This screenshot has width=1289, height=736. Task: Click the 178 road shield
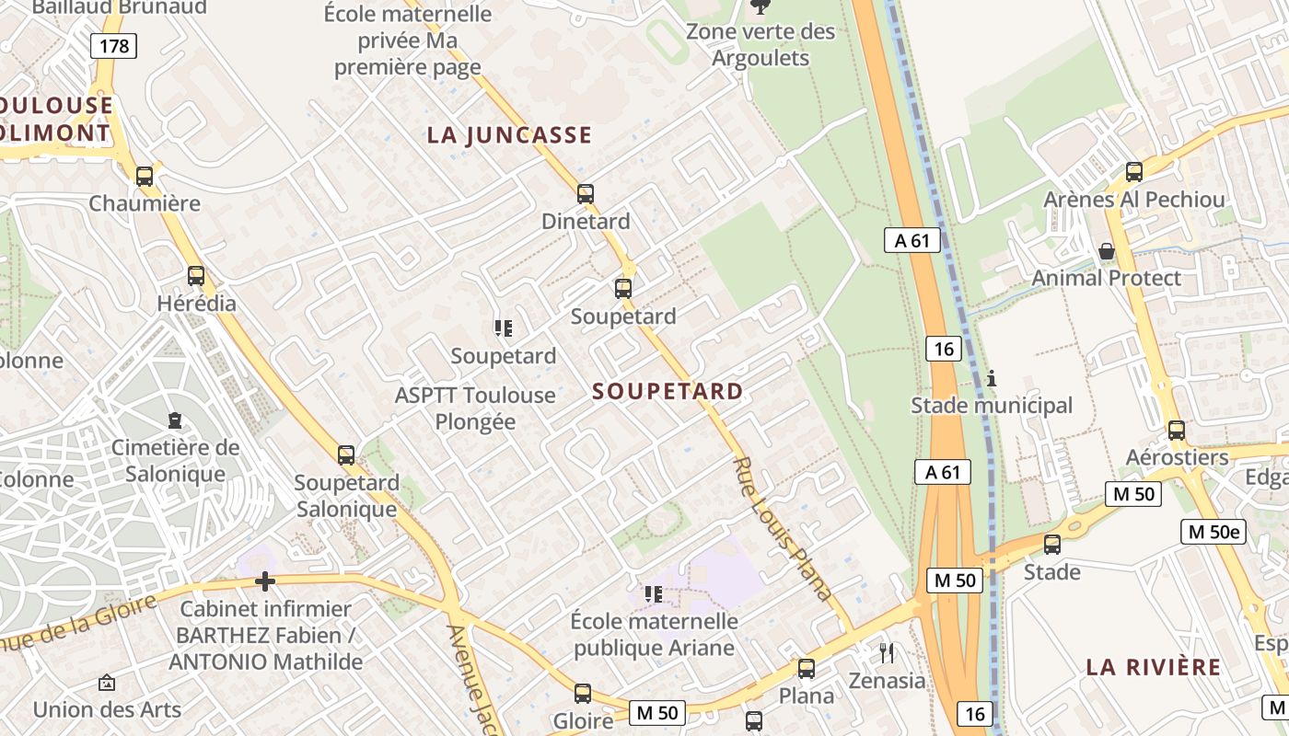113,45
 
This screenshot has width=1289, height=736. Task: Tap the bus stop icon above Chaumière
145,176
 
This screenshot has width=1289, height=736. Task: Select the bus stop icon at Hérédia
195,275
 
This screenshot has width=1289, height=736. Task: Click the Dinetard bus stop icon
586,193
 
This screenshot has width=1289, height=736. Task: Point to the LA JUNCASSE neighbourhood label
509,135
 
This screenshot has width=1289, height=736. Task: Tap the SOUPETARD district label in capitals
668,391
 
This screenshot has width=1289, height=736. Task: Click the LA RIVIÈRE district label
1154,667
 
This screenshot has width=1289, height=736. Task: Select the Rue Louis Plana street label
784,529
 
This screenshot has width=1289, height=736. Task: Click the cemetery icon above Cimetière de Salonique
174,420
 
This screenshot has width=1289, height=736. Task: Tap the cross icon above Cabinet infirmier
265,581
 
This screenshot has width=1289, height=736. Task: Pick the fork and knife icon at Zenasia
887,653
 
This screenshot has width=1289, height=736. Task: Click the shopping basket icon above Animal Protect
1106,251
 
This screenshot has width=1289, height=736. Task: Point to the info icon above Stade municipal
992,378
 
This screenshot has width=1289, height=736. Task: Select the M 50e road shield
1213,531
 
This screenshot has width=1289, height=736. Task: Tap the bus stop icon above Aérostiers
1176,430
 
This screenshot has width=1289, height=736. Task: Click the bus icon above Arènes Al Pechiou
1134,171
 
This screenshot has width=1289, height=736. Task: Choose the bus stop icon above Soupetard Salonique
346,454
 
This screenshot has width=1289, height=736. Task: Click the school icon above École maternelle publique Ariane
654,594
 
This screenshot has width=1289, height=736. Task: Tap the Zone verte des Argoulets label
761,44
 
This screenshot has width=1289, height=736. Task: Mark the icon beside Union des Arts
107,683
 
